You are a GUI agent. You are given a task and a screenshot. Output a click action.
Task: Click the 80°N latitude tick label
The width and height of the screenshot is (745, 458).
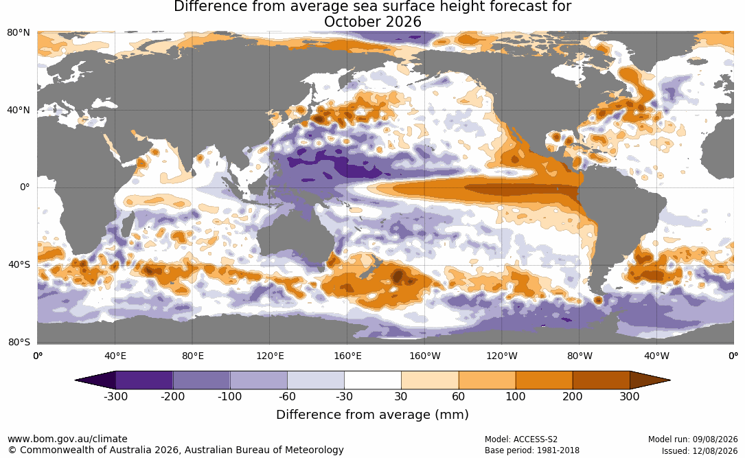pos(19,33)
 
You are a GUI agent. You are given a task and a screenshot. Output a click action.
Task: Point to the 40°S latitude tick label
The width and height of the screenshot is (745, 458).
pos(19,264)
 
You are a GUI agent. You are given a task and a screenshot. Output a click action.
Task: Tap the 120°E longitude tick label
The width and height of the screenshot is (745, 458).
pos(270,356)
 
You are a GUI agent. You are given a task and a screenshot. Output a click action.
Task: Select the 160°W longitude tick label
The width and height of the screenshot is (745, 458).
pos(424,356)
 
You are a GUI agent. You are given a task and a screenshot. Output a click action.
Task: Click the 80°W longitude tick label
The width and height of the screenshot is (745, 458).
pos(580,356)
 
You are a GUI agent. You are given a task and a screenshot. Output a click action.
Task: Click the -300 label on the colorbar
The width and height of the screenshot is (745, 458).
pos(115,396)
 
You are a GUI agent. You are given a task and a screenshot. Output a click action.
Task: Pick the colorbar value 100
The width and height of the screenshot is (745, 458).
pos(516,396)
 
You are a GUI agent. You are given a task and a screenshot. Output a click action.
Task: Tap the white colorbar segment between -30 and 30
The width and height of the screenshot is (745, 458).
pos(372,380)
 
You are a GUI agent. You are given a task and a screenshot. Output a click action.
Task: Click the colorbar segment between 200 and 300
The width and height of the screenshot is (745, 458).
pos(601,380)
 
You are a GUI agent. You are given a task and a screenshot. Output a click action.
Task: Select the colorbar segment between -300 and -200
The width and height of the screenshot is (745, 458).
pos(144,380)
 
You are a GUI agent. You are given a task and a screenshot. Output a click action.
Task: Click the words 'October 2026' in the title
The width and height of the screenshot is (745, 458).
pos(372,22)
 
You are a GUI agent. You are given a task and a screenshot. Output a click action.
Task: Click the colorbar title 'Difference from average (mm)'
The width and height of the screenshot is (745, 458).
pos(372,414)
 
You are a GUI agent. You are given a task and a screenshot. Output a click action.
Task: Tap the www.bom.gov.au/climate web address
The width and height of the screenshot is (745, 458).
pos(67,439)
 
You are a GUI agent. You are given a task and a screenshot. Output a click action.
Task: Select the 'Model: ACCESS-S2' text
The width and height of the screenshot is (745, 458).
pos(520,439)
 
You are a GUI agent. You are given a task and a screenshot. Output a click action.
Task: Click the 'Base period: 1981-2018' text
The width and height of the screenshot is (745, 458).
pos(531,450)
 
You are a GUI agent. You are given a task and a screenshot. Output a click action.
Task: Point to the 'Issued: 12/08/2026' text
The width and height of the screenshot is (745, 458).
pos(700,450)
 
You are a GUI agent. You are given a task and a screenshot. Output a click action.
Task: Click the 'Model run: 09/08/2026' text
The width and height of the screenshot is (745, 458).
pos(693,439)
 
